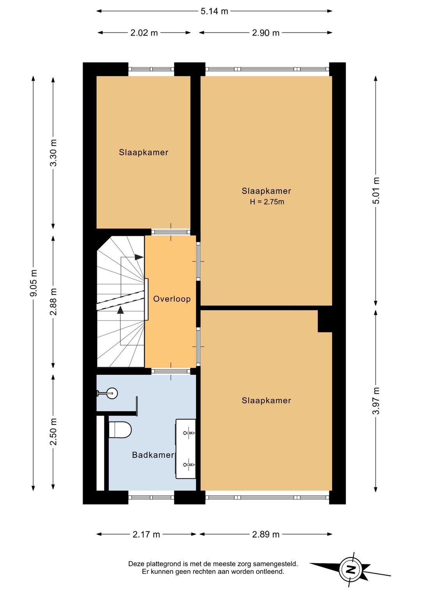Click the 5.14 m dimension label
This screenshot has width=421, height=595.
[x=214, y=11]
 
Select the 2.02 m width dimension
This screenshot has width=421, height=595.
[x=144, y=33]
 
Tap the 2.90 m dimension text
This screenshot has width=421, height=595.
[x=265, y=33]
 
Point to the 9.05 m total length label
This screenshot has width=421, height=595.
[x=34, y=283]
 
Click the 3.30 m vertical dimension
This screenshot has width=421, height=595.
[x=53, y=153]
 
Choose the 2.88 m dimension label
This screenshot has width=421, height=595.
[x=53, y=301]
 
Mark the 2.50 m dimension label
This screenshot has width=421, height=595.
[x=53, y=432]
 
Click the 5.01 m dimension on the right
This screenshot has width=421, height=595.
[x=376, y=190]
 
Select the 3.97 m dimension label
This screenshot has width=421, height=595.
[x=376, y=401]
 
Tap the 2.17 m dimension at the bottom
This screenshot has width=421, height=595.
[x=146, y=534]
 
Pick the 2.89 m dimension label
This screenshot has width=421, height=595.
[x=265, y=534]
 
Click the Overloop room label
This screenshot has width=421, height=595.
[x=172, y=299]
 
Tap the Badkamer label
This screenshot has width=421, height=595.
[x=153, y=455]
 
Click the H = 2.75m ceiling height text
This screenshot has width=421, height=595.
[x=267, y=202]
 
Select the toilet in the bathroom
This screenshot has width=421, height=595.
[x=120, y=429]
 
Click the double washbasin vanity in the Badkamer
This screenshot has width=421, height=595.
[x=186, y=449]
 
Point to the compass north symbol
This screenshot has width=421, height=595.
[x=350, y=570]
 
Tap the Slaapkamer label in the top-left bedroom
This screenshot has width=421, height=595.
[x=143, y=152]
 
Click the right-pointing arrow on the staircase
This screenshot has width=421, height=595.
[x=139, y=257]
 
